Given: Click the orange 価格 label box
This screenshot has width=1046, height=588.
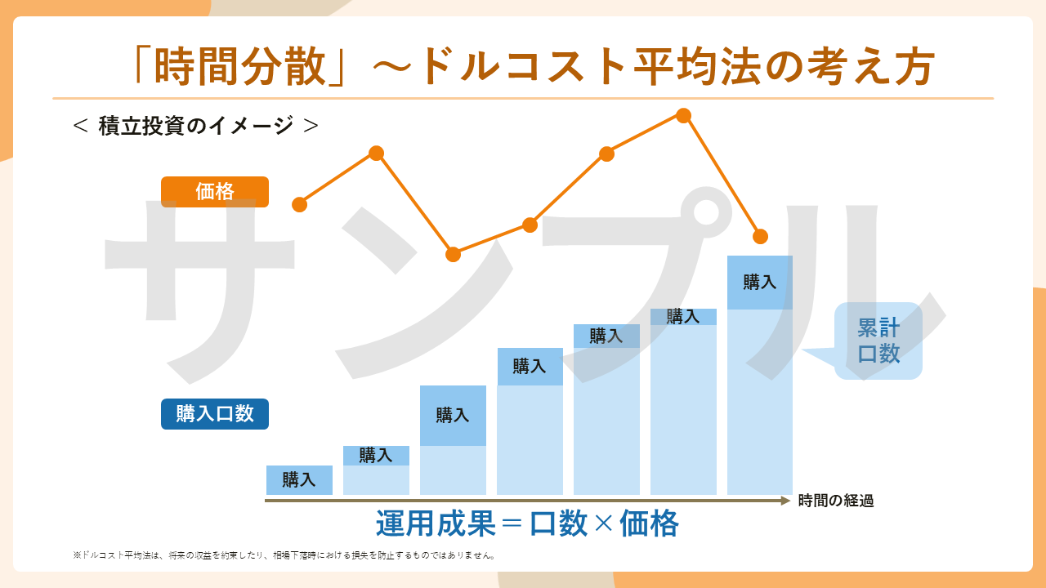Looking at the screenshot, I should [x=214, y=192].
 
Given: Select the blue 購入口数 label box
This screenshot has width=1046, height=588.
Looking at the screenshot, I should [x=214, y=414].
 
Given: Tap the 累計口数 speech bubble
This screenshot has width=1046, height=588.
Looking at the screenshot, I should [x=878, y=341].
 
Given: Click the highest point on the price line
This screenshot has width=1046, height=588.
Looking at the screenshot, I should [x=684, y=116].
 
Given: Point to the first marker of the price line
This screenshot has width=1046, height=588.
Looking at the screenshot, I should [x=300, y=204].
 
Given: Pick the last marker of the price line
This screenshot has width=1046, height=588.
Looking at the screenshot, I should [x=760, y=237].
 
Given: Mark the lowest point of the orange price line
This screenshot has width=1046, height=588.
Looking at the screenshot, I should [x=454, y=254].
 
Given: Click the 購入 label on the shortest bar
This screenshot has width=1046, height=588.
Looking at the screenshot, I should [x=299, y=480].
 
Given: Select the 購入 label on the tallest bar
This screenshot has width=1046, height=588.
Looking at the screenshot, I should [x=759, y=283].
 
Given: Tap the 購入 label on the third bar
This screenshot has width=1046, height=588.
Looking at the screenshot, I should [x=452, y=415].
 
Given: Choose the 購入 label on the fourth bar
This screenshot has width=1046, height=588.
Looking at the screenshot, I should [x=529, y=367].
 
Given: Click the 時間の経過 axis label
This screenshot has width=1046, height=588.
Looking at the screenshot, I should [x=836, y=501].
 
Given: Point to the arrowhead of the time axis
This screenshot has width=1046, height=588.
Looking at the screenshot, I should [x=786, y=501].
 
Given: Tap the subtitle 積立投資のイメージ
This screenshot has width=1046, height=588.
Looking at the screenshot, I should [x=196, y=126].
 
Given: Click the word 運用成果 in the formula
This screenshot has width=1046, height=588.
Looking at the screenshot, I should [x=436, y=523].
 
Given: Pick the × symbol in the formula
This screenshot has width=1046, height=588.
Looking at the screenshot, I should [x=603, y=523].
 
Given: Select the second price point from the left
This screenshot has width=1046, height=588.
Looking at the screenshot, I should [x=376, y=154].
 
